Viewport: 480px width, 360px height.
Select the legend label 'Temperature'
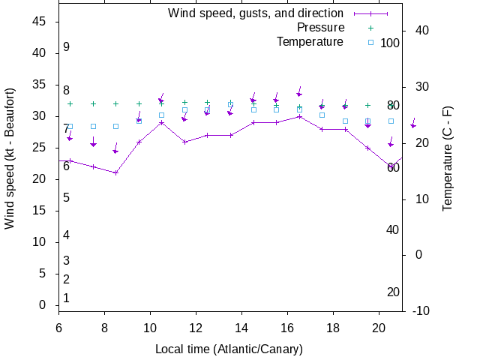(310, 42)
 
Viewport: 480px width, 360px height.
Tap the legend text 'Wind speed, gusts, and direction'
(256, 13)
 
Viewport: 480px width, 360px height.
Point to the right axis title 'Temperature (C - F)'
(448, 158)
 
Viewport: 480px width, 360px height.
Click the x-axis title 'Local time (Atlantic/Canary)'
(229, 349)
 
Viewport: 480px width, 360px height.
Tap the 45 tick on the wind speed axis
(40, 22)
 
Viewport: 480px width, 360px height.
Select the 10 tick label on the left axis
(40, 242)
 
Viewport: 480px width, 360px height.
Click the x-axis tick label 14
(241, 328)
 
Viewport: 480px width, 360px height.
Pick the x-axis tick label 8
(104, 328)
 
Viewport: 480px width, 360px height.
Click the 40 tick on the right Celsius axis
(421, 31)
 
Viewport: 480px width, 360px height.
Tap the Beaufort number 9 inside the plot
(67, 47)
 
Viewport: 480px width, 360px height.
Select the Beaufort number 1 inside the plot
(67, 298)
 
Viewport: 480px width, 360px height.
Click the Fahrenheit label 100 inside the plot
(390, 43)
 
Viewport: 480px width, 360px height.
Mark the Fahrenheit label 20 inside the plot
(393, 292)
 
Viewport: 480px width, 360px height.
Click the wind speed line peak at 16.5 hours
(299, 116)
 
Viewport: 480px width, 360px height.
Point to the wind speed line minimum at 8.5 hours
(115, 172)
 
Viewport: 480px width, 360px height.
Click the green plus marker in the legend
(370, 28)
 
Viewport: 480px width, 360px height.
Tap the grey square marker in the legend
(370, 42)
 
